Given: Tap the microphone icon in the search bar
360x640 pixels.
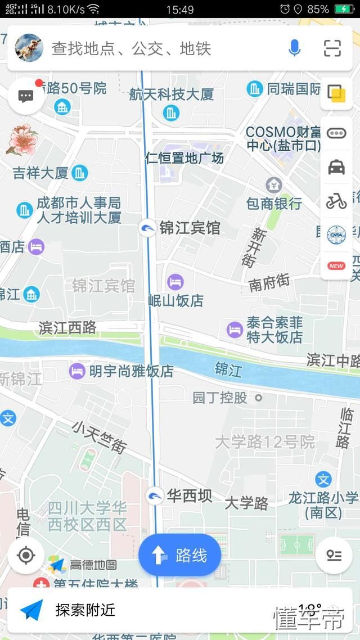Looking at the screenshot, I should tap(294, 48).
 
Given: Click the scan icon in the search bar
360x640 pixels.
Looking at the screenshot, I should tap(332, 48).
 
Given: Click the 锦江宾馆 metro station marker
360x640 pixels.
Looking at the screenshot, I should tap(147, 228).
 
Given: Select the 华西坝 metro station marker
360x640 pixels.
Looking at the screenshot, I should tap(155, 496).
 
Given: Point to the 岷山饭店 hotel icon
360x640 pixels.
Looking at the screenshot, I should tap(175, 282).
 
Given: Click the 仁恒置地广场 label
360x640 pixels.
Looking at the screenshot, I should tap(184, 158).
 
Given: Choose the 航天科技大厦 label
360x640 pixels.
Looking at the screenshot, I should tap(172, 94).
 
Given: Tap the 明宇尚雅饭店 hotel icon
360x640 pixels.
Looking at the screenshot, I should tap(77, 371).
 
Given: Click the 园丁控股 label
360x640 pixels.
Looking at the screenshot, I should tap(220, 398).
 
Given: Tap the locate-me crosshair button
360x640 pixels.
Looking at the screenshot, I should tap(26, 556).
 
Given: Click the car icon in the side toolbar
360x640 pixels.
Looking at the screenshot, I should tap(336, 167).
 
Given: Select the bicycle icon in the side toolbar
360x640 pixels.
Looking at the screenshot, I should tap(336, 201).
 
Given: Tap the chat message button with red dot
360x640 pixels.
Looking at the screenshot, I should tap(26, 96).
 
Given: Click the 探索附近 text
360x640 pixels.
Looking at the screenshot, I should tap(85, 610).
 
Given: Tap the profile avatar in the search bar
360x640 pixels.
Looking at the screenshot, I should tap(29, 48).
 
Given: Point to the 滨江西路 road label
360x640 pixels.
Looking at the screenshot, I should tap(67, 327).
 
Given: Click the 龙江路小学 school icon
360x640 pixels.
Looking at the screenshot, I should tap(323, 480).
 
